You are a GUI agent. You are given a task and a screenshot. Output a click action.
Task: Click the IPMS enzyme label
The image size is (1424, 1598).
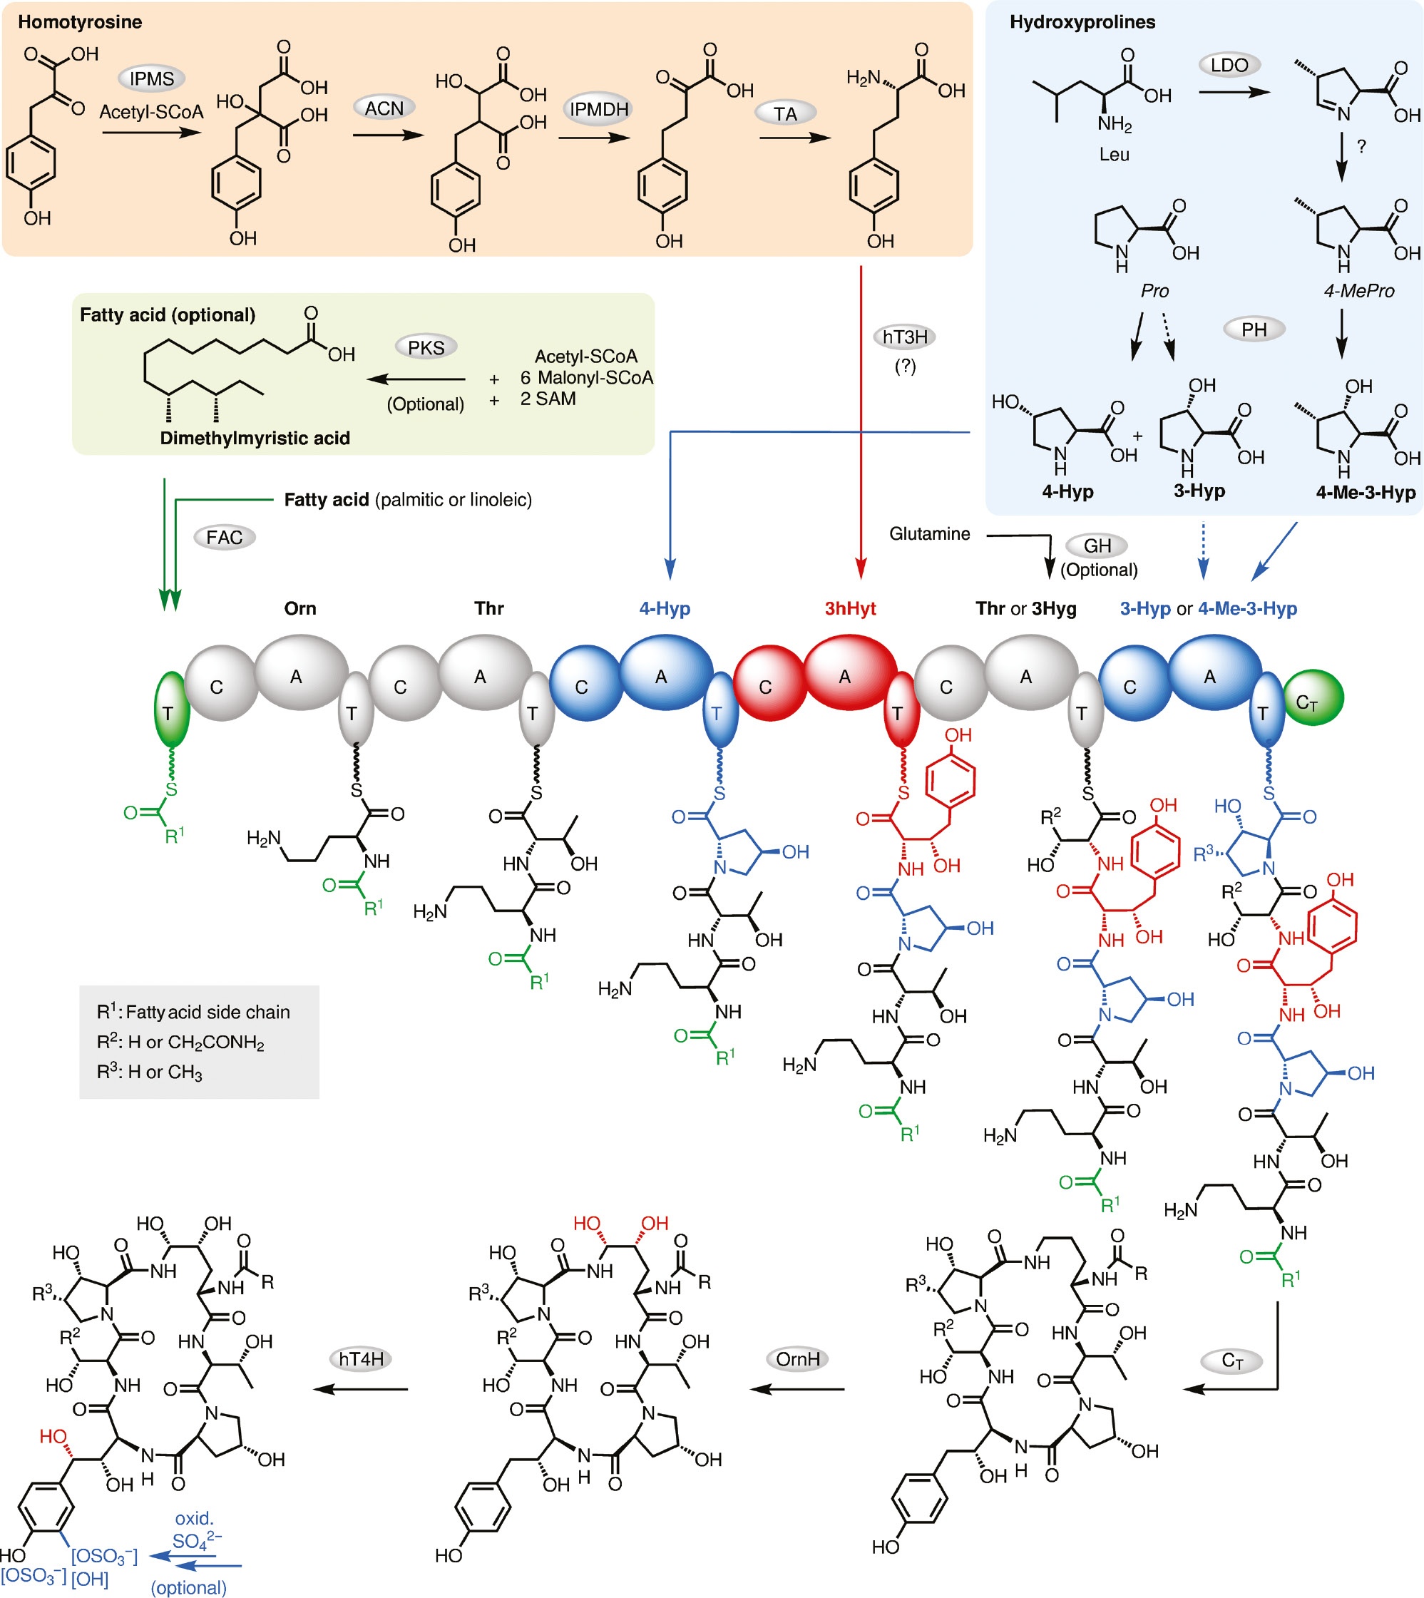coord(152,79)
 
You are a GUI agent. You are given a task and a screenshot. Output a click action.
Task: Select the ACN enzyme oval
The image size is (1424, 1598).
coord(384,108)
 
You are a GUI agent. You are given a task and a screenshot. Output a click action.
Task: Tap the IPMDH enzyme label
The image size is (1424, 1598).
coord(598,109)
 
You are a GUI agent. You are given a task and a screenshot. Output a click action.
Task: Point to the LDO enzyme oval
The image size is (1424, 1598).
coord(1229,65)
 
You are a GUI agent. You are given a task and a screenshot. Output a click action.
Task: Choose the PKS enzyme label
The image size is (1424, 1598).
coord(426,347)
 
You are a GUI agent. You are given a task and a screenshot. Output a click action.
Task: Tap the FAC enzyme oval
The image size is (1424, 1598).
coord(225,538)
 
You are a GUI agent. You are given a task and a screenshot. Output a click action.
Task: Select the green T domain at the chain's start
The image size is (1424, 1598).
coord(170,709)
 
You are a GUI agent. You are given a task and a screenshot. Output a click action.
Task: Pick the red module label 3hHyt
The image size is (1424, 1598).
coord(850,609)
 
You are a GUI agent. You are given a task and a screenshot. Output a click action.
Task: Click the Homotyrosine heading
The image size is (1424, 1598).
coord(80,22)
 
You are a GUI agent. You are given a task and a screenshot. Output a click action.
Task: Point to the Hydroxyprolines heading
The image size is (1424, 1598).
coord(1082,22)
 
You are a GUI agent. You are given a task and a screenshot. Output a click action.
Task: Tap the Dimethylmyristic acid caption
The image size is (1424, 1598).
coord(255,439)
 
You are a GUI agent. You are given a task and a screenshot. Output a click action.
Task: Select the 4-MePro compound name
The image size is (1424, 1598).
coord(1358,291)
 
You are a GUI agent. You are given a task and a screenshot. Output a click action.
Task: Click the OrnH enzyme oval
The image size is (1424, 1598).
coord(797,1359)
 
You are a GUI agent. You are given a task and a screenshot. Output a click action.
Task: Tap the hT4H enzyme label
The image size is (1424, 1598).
coord(361,1359)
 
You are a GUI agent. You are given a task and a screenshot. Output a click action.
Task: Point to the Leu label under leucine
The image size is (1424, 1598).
coord(1113,154)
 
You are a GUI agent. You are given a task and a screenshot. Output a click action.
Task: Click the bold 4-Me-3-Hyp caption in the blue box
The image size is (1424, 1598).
coord(1366,492)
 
